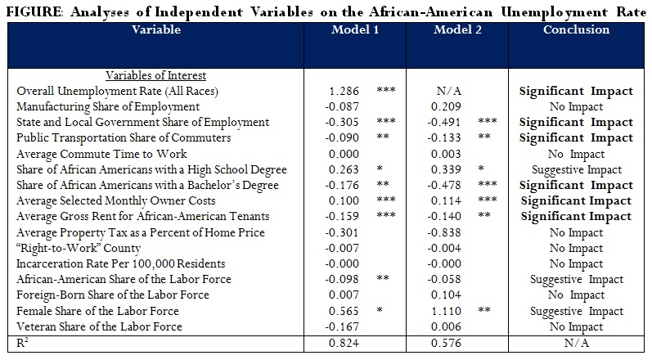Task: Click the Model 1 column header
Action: (355, 29)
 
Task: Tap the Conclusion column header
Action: (576, 29)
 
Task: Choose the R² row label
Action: (24, 343)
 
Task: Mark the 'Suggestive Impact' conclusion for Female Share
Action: (576, 311)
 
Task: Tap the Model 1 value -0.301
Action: (339, 232)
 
